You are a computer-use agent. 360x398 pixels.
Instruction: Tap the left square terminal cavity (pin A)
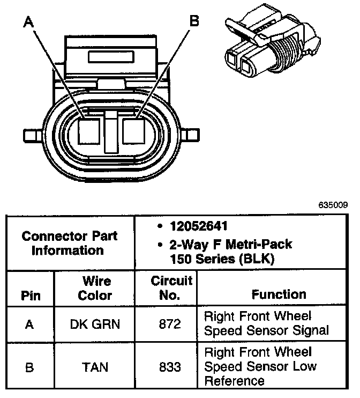89,130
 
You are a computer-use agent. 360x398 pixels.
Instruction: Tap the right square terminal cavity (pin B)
135,130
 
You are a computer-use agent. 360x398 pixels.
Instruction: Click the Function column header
279,294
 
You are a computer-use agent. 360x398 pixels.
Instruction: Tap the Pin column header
30,296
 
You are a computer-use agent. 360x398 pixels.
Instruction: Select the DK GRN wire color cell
95,323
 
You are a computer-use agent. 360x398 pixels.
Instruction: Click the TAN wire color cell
95,367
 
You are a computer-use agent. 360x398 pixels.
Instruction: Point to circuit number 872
170,323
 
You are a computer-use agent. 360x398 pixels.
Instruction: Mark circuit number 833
170,367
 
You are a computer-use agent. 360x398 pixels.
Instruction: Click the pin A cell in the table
30,323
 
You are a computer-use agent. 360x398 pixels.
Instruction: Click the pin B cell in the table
30,367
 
